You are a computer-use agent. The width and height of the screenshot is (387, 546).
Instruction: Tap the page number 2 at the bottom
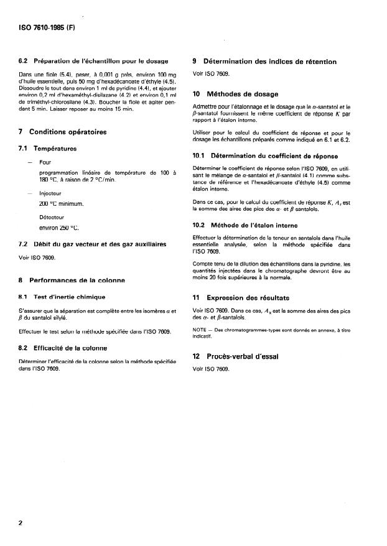pos(21,523)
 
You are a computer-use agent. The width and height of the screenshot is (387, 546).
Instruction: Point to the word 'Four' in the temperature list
pos(45,162)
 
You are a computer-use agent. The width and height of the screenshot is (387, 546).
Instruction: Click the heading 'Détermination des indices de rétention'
pos(273,62)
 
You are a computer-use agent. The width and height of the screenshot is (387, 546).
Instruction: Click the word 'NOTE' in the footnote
pos(201,328)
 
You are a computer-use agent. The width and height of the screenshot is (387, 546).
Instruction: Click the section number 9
pos(196,62)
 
